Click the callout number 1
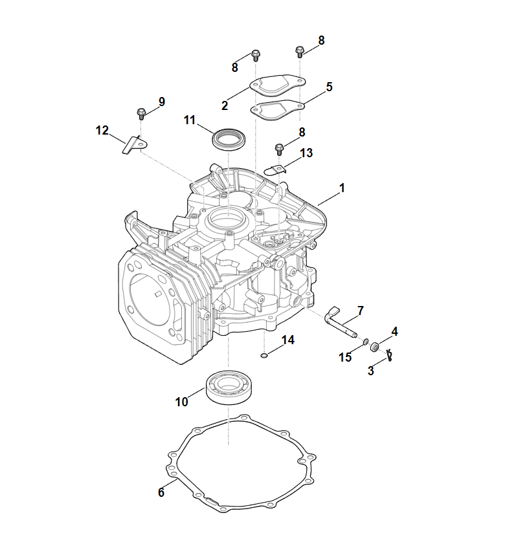(342, 188)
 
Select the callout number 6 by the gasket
(161, 492)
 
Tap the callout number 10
(181, 402)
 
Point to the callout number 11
(189, 120)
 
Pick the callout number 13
(306, 153)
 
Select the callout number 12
(102, 131)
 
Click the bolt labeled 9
(141, 115)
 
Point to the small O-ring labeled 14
(265, 355)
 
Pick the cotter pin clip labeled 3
(389, 354)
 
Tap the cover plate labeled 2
(278, 87)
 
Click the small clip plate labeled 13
(276, 170)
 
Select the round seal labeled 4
(375, 347)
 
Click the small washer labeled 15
(366, 342)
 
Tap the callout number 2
(225, 105)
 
